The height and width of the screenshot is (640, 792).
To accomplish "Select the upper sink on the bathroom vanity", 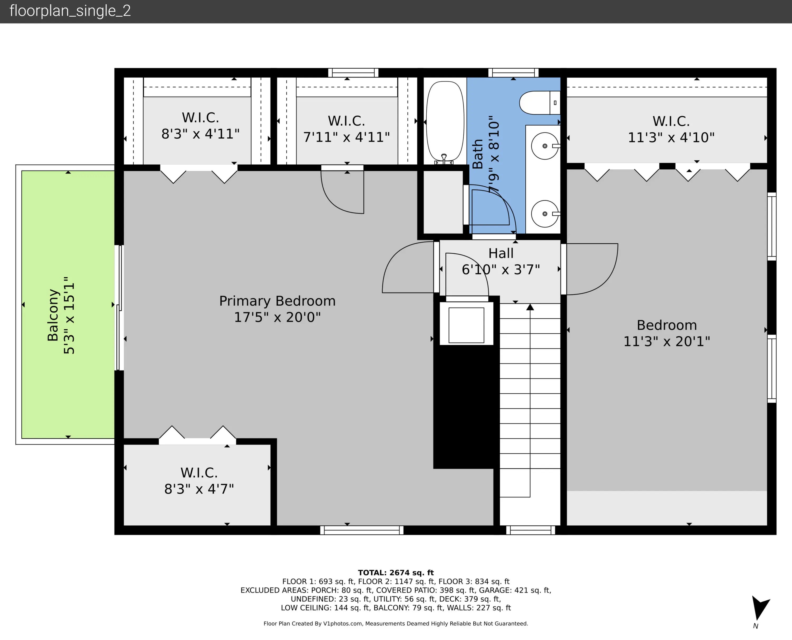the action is coord(545,146).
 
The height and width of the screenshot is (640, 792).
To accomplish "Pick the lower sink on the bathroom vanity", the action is coord(545,214).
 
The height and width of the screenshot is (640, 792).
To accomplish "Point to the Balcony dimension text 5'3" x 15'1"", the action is coord(69,316).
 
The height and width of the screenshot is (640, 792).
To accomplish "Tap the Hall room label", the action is coord(501,253).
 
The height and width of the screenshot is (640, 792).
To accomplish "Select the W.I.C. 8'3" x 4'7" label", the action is coord(199,481).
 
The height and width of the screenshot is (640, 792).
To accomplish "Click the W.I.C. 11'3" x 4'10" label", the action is coord(671,129).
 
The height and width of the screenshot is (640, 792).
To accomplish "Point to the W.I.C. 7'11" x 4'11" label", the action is coord(346,129).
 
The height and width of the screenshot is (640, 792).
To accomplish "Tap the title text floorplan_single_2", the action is coord(70,11).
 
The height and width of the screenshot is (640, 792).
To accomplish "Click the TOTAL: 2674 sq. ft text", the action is coord(396,572).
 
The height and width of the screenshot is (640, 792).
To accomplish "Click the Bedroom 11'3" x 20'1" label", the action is coord(667,333).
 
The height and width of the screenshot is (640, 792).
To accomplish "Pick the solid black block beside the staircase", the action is coord(466,407).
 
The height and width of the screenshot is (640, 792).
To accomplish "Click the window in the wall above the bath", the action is coord(513,73).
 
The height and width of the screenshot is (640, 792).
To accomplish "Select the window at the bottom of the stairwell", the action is coord(531,530).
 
